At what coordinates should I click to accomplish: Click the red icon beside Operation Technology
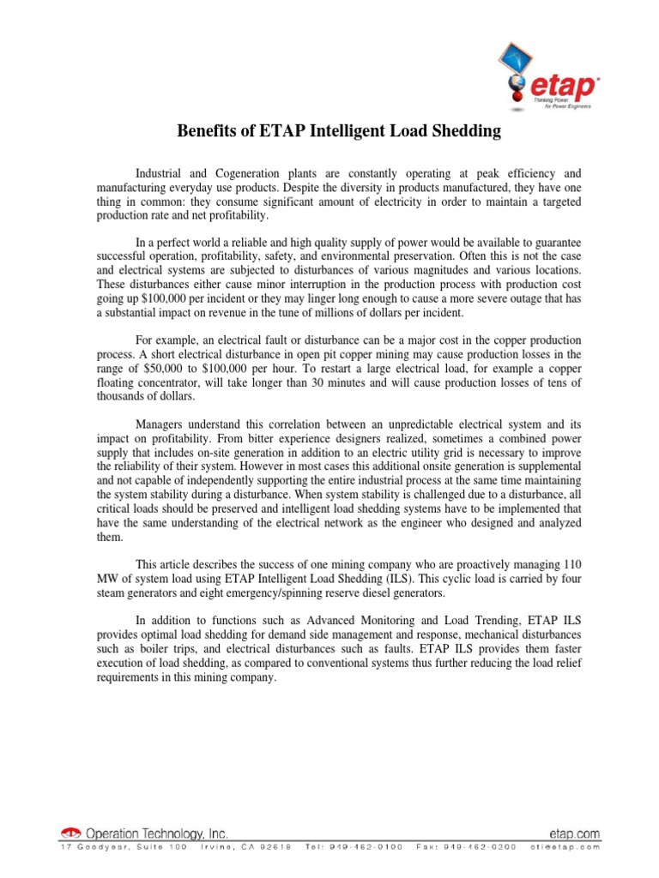(x=71, y=833)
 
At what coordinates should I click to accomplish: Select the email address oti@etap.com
(x=565, y=847)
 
